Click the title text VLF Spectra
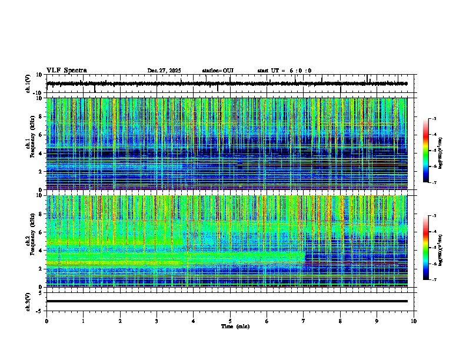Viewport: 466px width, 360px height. pos(66,71)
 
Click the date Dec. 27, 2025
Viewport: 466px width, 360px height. pos(164,71)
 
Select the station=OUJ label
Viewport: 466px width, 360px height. pos(218,71)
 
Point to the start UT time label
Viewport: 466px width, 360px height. pos(284,71)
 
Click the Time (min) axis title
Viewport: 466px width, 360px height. pos(235,326)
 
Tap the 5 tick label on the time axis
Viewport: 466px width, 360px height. pos(230,321)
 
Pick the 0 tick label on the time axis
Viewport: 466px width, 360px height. pos(46,321)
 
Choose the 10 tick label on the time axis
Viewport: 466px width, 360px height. pos(414,321)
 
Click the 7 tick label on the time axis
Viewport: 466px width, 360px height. pos(304,321)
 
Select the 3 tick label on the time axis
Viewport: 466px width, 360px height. pos(157,321)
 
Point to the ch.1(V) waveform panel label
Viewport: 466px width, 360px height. pos(28,84)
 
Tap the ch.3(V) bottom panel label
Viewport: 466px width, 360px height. pos(28,301)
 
